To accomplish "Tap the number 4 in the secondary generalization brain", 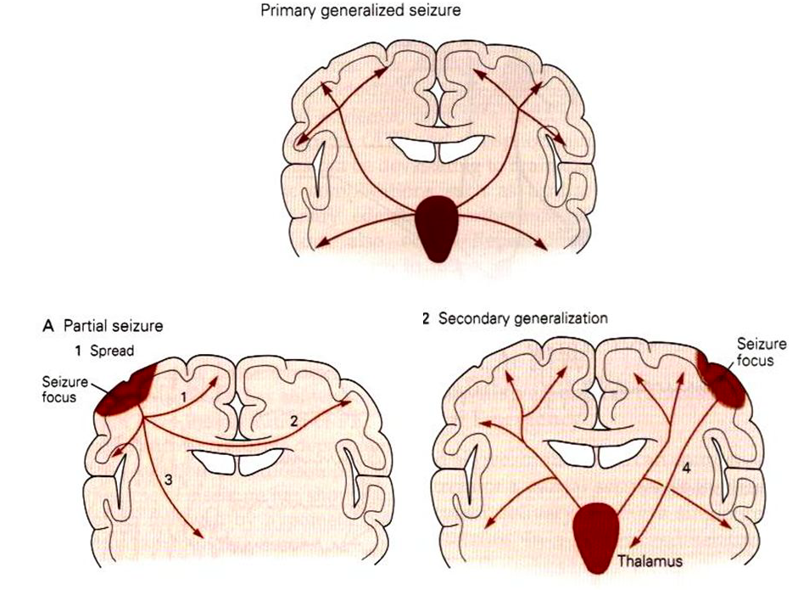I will pos(685,467).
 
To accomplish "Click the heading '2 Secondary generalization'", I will pos(515,319).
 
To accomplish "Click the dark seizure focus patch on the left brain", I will pos(125,391).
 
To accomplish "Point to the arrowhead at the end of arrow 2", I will pos(347,403).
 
